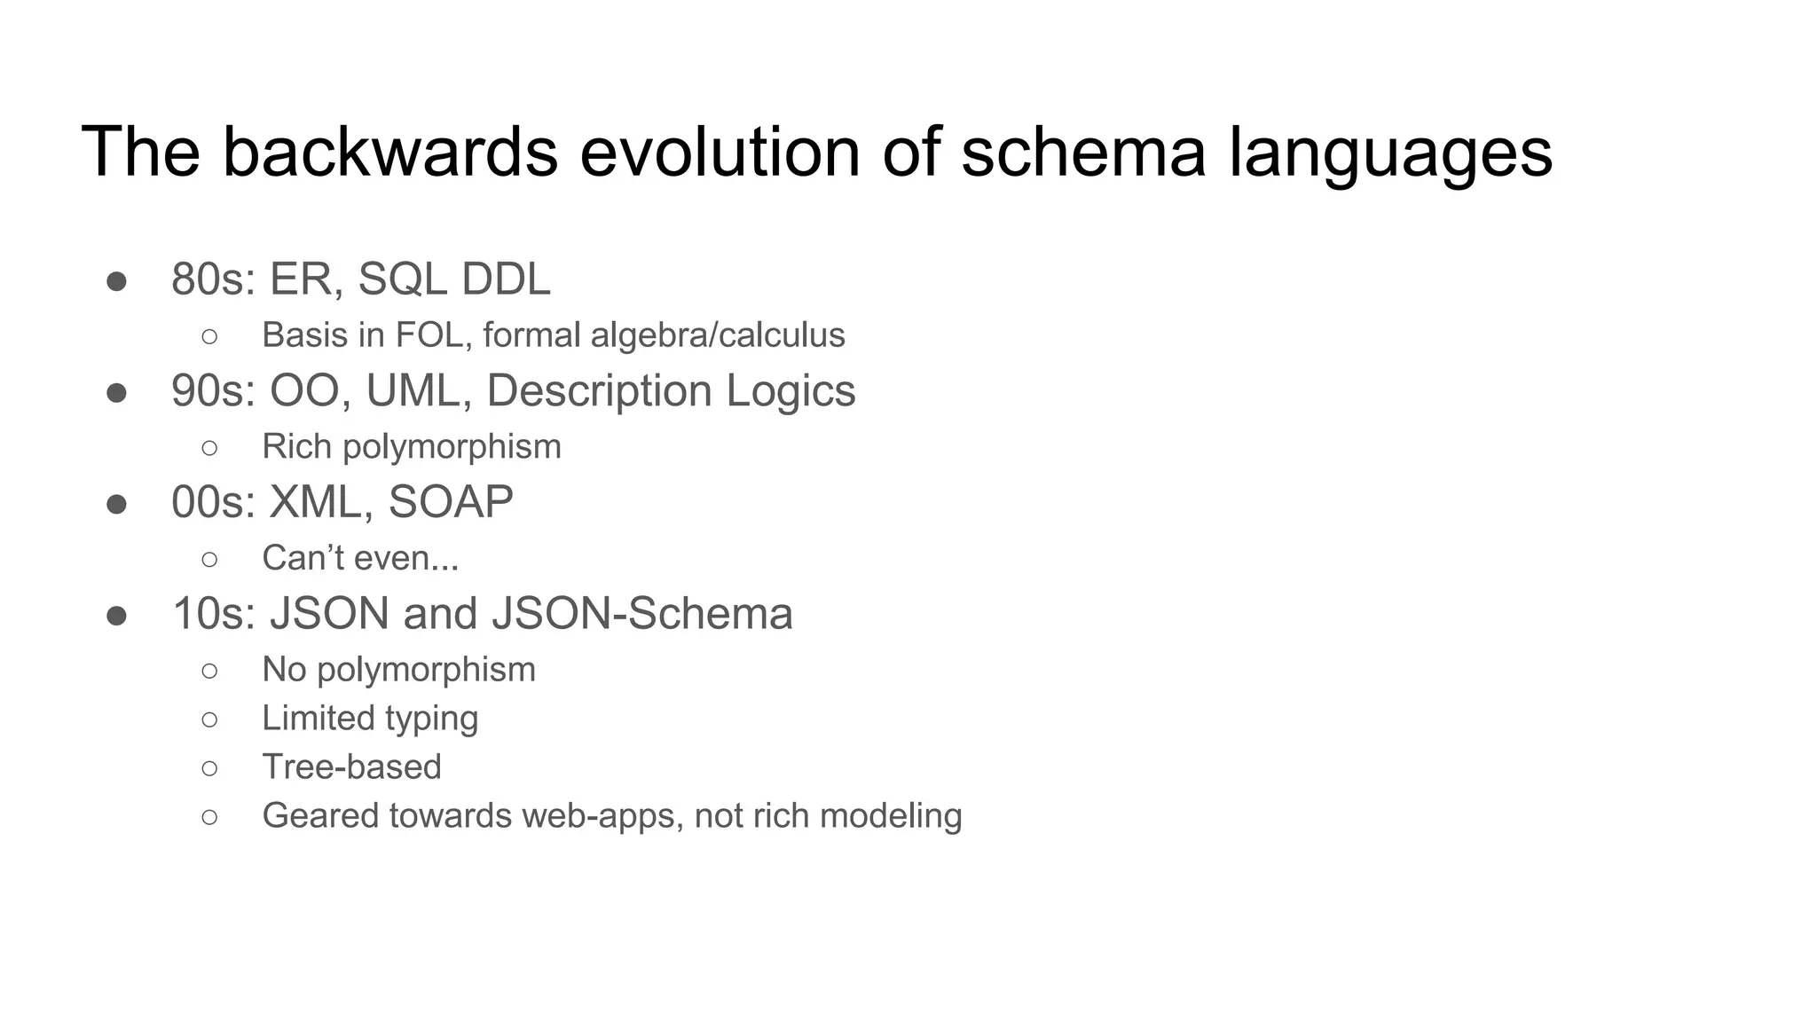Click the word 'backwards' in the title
389,152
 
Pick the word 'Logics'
791,392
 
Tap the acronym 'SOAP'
451,502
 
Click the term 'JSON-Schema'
641,614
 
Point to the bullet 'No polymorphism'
398,670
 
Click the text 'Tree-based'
351,767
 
